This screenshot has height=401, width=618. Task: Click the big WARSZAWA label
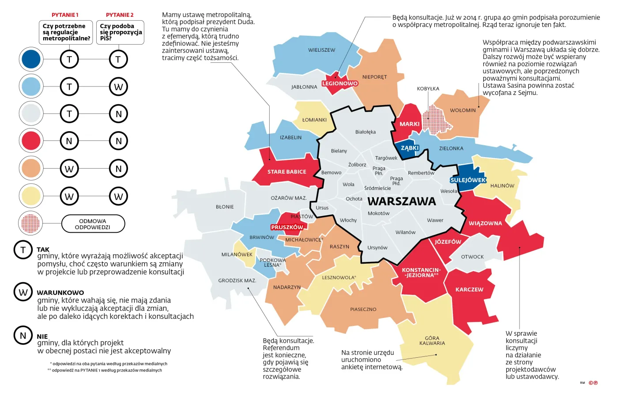pos(401,201)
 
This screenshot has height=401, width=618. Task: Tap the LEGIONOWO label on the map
pos(339,83)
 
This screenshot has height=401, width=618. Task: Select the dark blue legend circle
pos(31,59)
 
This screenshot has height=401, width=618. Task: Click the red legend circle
pos(31,141)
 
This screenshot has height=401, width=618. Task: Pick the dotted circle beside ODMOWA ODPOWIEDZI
pos(31,223)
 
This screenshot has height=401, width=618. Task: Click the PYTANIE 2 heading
pos(120,15)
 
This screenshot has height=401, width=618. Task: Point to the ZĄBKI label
pos(409,148)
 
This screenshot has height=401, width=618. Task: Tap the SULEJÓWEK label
pos(468,180)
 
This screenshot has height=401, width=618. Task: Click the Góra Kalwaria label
pos(432,340)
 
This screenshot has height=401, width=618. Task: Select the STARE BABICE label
pos(286,172)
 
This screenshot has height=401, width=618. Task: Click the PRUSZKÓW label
pos(287,227)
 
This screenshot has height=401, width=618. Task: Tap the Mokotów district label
pos(378,213)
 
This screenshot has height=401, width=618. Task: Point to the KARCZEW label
pos(469,290)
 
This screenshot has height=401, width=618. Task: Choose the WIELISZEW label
pos(321,50)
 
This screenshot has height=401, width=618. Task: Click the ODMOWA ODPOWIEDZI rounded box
pos(93,224)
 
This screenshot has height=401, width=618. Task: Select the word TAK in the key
pos(43,250)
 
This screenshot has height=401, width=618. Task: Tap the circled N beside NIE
pos(23,336)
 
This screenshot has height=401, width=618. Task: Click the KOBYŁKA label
pos(428,89)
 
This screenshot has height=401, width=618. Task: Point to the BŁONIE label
pos(225,207)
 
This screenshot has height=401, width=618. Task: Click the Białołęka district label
pos(365,132)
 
